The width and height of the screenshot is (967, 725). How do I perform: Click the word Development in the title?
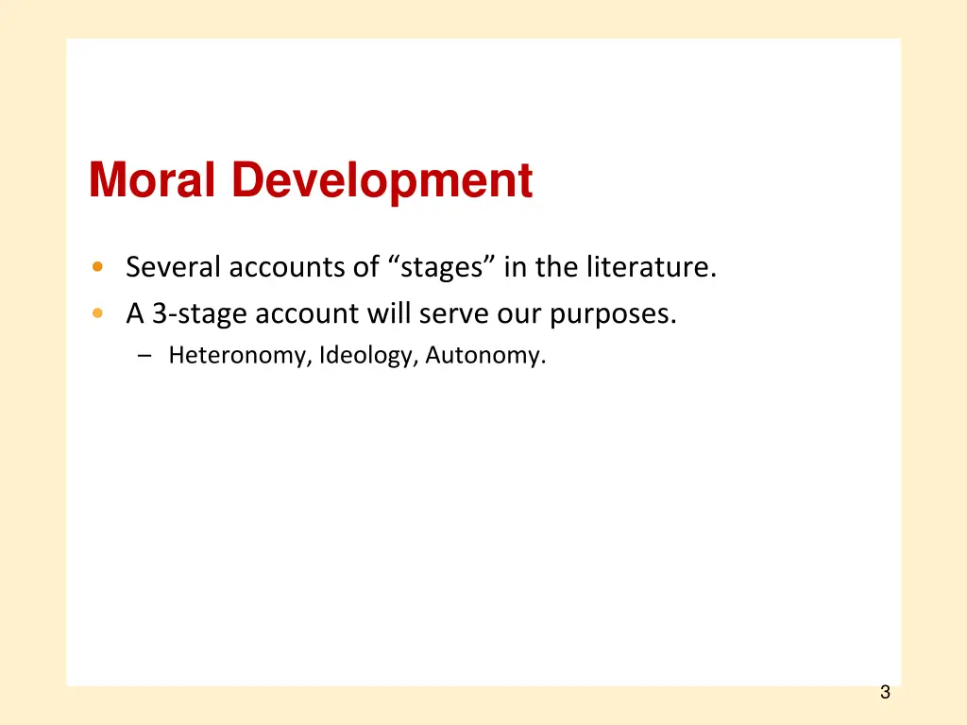coord(382,181)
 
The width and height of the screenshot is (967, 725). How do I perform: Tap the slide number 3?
coord(885,692)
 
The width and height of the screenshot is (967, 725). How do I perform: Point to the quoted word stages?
coord(442,268)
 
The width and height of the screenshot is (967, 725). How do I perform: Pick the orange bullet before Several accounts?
coord(98,268)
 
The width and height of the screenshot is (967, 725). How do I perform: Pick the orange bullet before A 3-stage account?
coord(98,313)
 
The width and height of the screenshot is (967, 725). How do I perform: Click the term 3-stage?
coord(199,313)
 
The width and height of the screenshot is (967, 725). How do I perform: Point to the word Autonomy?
coord(485,356)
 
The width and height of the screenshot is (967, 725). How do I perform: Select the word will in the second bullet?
coord(386,313)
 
